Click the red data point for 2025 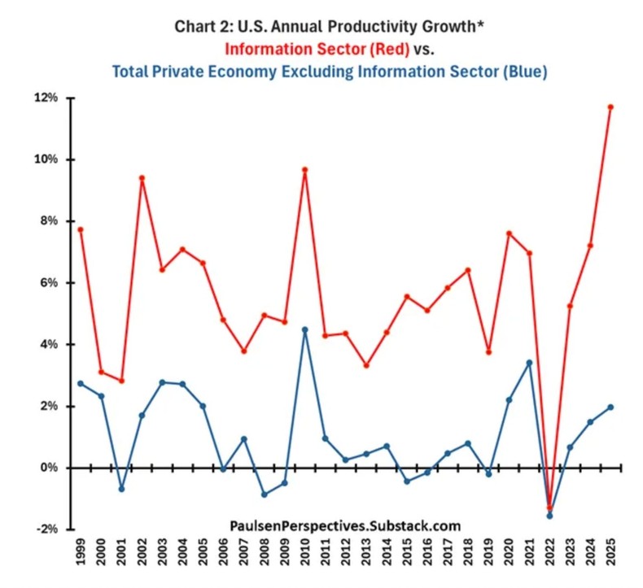tap(610, 107)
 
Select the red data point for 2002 tap(142, 177)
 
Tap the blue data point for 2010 tap(305, 329)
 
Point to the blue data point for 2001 tap(121, 489)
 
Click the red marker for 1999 tap(81, 229)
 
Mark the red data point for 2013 tap(366, 365)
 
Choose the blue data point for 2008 tap(265, 494)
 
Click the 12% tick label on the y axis tap(47, 98)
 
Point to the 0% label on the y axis tap(50, 468)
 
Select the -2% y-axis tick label tap(47, 529)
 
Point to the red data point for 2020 tap(509, 233)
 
